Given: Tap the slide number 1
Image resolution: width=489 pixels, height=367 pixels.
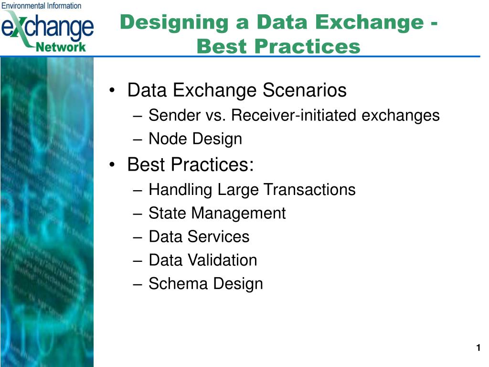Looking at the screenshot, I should (478, 348).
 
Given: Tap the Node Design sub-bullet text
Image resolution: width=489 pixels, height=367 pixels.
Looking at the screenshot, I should (195, 139).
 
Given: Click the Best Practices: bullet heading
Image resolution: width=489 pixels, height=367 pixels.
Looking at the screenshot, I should (191, 164).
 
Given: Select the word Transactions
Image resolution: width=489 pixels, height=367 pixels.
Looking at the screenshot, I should (310, 190).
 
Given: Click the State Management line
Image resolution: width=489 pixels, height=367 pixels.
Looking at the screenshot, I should (217, 213).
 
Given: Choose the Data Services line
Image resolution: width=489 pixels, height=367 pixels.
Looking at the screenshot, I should (199, 237).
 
